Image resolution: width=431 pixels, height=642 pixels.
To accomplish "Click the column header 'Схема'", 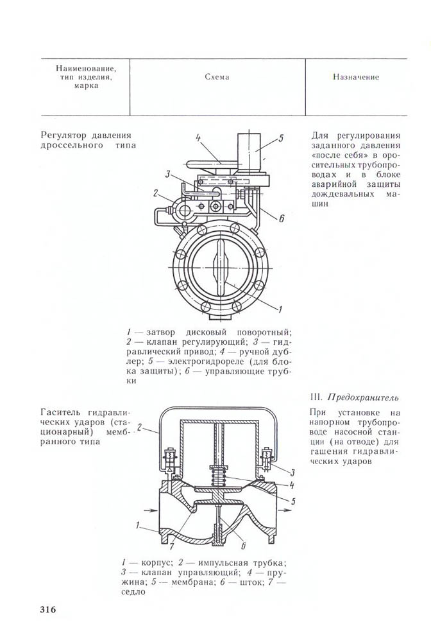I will click(x=217, y=77).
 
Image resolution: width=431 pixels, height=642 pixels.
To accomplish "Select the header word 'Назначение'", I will click(x=355, y=77).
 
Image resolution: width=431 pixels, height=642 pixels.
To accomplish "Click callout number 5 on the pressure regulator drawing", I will click(x=281, y=137).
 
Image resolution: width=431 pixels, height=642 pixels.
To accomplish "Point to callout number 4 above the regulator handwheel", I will click(x=199, y=137).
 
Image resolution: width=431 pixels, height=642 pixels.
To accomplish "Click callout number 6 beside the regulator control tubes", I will click(x=281, y=218).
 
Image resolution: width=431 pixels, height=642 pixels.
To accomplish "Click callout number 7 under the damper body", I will click(x=172, y=546).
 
